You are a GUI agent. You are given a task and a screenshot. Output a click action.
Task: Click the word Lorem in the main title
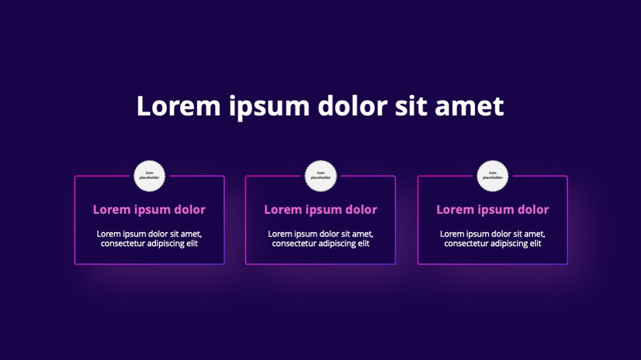point(179,106)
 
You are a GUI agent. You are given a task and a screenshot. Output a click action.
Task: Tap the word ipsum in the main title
point(269,108)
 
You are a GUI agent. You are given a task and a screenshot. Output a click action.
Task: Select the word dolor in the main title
point(352,106)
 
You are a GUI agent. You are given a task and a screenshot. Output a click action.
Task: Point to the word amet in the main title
point(469,107)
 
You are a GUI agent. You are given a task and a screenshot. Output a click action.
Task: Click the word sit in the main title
point(411,106)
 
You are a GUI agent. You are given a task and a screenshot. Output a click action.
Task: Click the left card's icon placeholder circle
point(149,176)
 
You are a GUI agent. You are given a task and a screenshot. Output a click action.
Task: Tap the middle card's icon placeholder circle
point(320,176)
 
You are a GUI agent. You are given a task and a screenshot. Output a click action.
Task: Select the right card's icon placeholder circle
point(493,176)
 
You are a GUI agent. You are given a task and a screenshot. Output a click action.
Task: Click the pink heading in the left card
point(149,209)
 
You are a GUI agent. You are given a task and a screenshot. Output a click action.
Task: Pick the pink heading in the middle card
point(320,209)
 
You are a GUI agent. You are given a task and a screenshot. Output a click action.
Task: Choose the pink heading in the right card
point(493,209)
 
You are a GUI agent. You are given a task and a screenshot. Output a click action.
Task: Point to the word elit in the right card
point(536,243)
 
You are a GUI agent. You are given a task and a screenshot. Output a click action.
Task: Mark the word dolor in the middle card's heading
point(361,209)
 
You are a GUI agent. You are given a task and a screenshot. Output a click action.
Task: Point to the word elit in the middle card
point(364,243)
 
